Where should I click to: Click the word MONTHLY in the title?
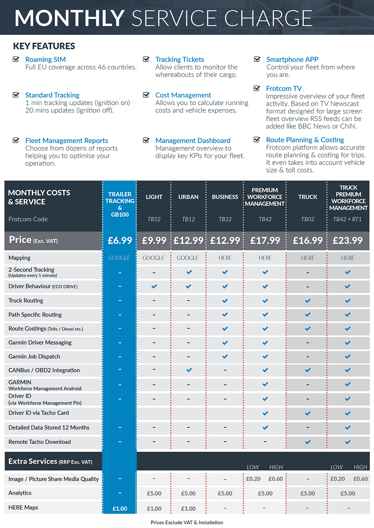[70, 18]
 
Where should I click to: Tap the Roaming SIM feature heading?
[45, 59]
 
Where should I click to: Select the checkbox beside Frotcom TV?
[257, 88]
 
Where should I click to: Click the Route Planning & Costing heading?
[305, 140]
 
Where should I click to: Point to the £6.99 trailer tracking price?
[120, 240]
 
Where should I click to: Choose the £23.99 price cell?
[347, 240]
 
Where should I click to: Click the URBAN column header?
[188, 197]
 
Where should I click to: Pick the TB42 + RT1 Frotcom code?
[347, 219]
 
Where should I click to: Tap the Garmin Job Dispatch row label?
[34, 357]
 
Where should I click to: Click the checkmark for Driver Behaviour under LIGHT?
[154, 286]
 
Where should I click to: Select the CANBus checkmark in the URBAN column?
[189, 370]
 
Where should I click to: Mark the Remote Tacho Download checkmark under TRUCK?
[308, 442]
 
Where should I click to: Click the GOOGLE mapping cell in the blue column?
[119, 258]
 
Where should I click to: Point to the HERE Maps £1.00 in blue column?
[120, 509]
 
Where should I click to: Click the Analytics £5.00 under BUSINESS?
[225, 493]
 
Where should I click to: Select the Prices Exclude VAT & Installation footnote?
[187, 522]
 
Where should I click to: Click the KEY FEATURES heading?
[44, 46]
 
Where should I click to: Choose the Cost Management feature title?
[183, 95]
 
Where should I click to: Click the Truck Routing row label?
[26, 301]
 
